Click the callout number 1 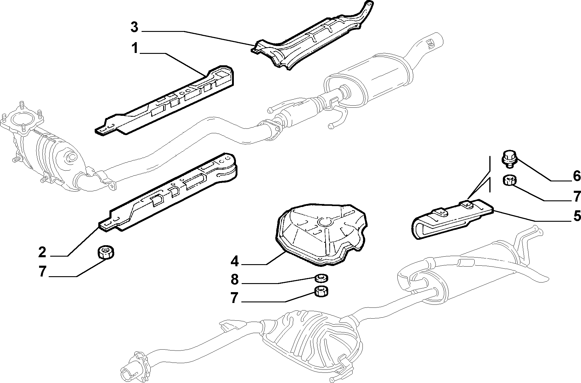pos(135,48)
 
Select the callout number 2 pos(42,252)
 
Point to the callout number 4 pos(235,261)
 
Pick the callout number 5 pos(576,216)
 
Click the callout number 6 pos(576,176)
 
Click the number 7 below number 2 pos(42,272)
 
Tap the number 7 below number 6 pos(576,196)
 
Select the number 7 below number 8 pos(235,298)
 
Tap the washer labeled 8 pos(321,278)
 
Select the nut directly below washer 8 pos(321,292)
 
